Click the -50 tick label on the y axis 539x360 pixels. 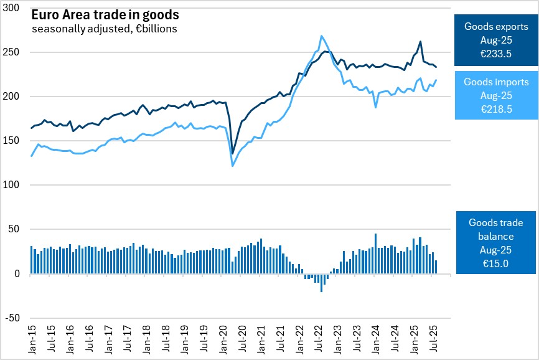(x=11, y=318)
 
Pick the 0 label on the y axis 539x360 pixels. (x=17, y=273)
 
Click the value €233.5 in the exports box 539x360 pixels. (x=496, y=54)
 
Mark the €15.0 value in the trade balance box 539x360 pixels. (x=496, y=263)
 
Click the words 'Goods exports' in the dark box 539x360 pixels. (x=496, y=27)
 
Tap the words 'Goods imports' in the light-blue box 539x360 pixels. (x=496, y=82)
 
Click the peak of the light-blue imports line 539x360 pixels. (x=321, y=36)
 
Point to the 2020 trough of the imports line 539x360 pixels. (x=233, y=166)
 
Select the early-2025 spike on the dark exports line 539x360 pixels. (x=421, y=42)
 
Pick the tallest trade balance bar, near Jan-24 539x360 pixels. (x=375, y=253)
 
